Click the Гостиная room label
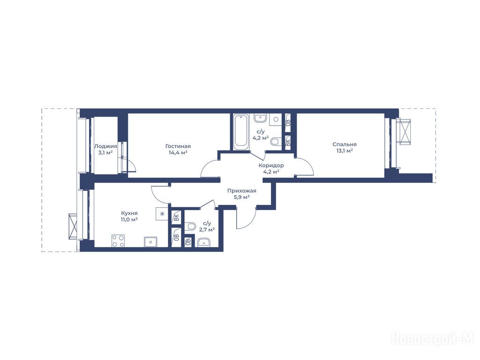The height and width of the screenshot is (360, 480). [x=178, y=146]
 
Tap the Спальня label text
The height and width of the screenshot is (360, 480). [x=345, y=144]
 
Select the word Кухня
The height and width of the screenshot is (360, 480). [x=129, y=213]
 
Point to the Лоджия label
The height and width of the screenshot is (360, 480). [x=105, y=146]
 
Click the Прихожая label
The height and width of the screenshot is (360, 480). [x=241, y=191]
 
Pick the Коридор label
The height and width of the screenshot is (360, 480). [x=271, y=165]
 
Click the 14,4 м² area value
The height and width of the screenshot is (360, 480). [x=178, y=152]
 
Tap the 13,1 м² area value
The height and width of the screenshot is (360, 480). [x=345, y=150]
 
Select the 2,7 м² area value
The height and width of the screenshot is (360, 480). [x=207, y=229]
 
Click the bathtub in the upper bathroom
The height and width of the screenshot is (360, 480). [x=241, y=132]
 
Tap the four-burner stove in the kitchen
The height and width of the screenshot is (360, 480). [x=118, y=240]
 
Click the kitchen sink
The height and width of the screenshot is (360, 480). [x=150, y=241]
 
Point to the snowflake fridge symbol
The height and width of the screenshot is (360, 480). [x=162, y=214]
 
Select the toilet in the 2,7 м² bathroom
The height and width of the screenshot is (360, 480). [x=190, y=227]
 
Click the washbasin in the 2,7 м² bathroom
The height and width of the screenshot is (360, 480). [x=203, y=243]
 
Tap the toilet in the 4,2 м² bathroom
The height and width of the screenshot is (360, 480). [x=276, y=142]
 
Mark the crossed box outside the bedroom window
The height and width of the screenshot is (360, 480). [x=404, y=131]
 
